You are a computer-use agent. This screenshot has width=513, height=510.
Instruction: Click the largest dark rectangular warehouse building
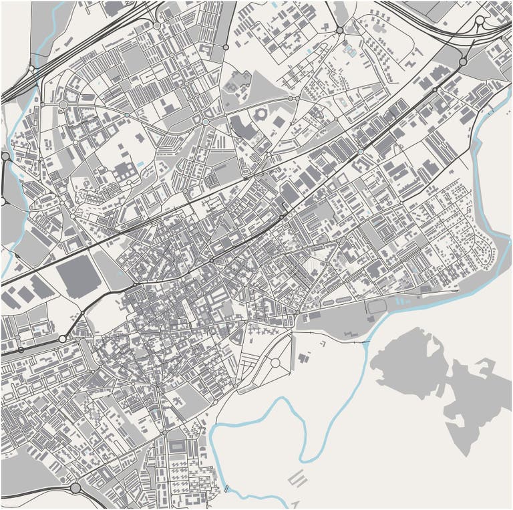tap(79, 275)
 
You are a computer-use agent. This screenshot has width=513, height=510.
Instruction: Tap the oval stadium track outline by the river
tap(377, 307)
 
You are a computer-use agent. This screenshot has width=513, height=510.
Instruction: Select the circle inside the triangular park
tap(275, 363)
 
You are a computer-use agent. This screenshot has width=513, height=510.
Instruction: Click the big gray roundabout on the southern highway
tap(75, 489)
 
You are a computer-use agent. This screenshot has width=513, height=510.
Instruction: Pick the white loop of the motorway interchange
tap(479, 21)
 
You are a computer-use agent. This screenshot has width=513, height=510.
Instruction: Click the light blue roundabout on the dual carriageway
tap(361, 152)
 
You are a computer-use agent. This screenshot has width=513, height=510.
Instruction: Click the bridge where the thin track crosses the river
tap(367, 342)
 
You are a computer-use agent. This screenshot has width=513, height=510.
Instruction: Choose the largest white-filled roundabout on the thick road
tap(62, 339)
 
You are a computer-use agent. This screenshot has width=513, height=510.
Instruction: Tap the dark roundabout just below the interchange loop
tap(463, 61)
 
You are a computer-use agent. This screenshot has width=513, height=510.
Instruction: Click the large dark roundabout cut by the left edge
tap(4, 156)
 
